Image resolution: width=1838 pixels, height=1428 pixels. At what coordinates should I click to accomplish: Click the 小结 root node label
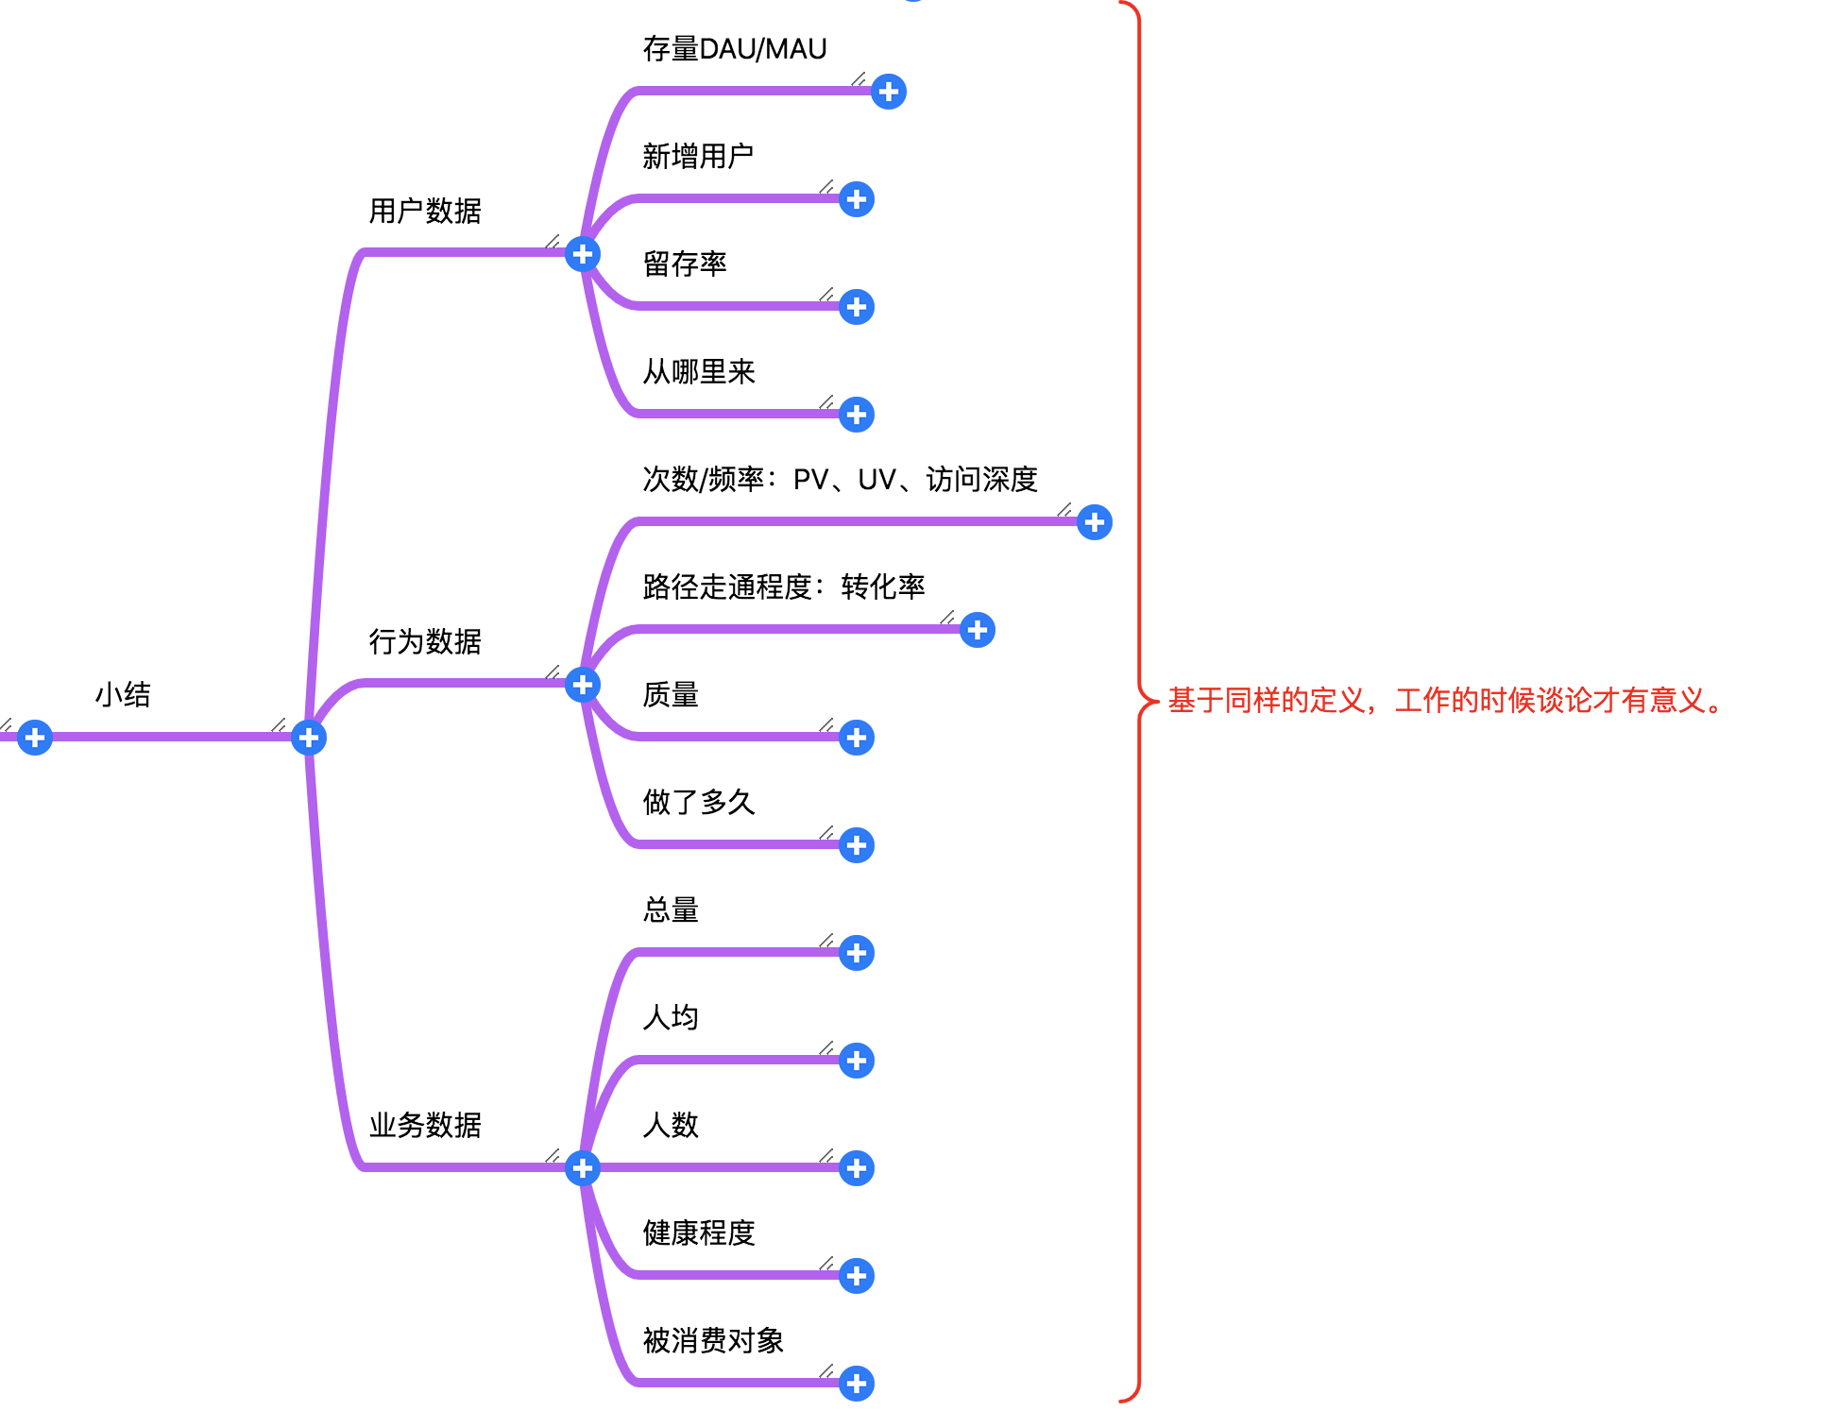point(123,695)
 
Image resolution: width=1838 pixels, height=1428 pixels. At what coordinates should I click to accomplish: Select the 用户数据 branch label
point(425,211)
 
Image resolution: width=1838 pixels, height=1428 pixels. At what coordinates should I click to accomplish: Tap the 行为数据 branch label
point(425,642)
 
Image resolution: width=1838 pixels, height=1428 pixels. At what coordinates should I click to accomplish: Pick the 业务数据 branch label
point(425,1126)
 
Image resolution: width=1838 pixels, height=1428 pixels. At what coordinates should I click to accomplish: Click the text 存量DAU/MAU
point(735,49)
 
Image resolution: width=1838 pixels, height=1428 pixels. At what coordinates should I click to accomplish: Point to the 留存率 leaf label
point(685,264)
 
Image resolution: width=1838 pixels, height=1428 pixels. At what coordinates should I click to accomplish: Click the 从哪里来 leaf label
point(699,372)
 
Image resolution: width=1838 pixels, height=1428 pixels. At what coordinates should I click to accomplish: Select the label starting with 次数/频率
point(840,480)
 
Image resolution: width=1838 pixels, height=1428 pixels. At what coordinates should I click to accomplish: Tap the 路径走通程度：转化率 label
point(784,587)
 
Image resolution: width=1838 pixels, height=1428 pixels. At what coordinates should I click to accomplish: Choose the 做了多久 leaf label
point(699,803)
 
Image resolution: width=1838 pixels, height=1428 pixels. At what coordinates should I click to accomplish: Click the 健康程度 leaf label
point(699,1233)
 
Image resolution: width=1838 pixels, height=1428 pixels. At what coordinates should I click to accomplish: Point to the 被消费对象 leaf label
point(713,1341)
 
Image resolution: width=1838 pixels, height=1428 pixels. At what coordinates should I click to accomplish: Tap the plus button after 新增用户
point(857,199)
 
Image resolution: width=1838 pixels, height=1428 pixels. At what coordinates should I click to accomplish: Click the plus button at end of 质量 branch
point(857,738)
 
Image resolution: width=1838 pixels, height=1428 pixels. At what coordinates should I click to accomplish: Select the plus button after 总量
point(857,953)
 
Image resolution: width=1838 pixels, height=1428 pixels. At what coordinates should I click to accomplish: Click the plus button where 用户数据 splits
point(583,254)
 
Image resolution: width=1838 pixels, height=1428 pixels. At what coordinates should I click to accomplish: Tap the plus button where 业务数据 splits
point(583,1168)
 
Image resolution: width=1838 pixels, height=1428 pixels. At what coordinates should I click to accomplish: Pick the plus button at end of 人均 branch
point(857,1061)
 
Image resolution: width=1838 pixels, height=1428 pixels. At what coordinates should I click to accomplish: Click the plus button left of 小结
point(35,738)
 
